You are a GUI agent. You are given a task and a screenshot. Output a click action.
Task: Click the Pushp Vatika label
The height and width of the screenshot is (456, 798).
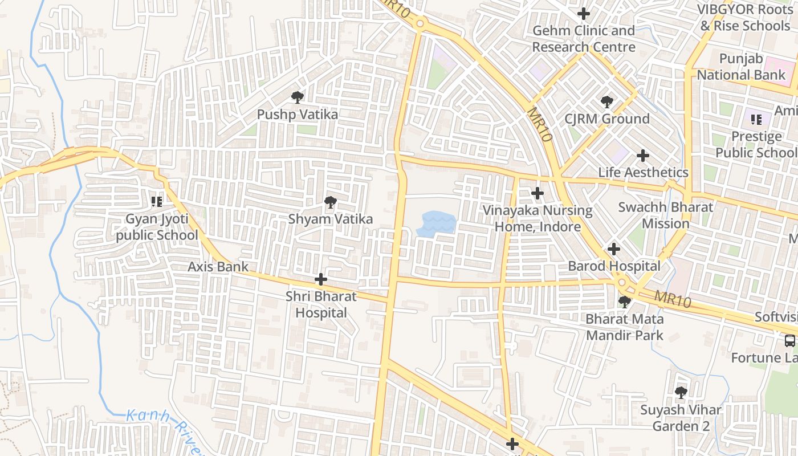[x=297, y=114]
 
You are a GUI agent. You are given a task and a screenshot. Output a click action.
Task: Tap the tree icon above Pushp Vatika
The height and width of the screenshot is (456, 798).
[x=297, y=97]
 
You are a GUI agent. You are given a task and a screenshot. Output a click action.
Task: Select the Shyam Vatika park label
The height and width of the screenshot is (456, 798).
[x=330, y=219]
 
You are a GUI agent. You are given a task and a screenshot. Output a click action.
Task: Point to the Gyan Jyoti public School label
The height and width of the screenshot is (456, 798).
[x=157, y=227]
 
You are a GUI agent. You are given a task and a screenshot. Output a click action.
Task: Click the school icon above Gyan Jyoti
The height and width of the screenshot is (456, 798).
[x=157, y=201]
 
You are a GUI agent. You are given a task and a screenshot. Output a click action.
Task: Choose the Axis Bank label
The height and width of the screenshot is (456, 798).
[x=218, y=266]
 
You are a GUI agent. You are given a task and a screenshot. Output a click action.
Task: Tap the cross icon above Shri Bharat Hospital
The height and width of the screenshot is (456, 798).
[x=321, y=279]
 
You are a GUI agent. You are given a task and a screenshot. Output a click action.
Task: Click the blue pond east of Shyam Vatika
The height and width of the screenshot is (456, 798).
[x=437, y=223]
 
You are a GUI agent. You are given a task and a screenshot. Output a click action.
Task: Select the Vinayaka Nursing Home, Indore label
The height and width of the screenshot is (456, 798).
[x=538, y=218]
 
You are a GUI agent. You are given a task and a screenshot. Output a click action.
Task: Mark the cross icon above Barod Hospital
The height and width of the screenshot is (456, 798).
[x=613, y=249]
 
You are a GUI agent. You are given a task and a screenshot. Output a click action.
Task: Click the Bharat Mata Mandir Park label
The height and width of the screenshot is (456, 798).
[x=625, y=327]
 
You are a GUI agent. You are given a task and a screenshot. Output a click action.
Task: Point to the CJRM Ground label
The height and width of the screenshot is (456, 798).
[x=606, y=119]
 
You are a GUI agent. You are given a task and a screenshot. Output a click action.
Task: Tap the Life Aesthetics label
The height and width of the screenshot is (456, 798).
[x=643, y=172]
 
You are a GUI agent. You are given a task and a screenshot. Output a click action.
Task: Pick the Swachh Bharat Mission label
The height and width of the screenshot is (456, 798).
[x=665, y=215]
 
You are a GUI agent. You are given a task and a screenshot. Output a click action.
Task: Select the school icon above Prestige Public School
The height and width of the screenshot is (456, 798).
[x=756, y=119]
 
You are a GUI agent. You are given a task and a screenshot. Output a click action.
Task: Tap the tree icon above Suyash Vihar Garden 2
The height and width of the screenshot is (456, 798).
[x=680, y=392]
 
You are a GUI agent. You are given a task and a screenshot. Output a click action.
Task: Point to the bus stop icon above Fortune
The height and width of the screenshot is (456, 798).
[x=789, y=341]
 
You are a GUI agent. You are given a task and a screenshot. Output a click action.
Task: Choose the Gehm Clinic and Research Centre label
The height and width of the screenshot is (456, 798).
[x=584, y=39]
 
